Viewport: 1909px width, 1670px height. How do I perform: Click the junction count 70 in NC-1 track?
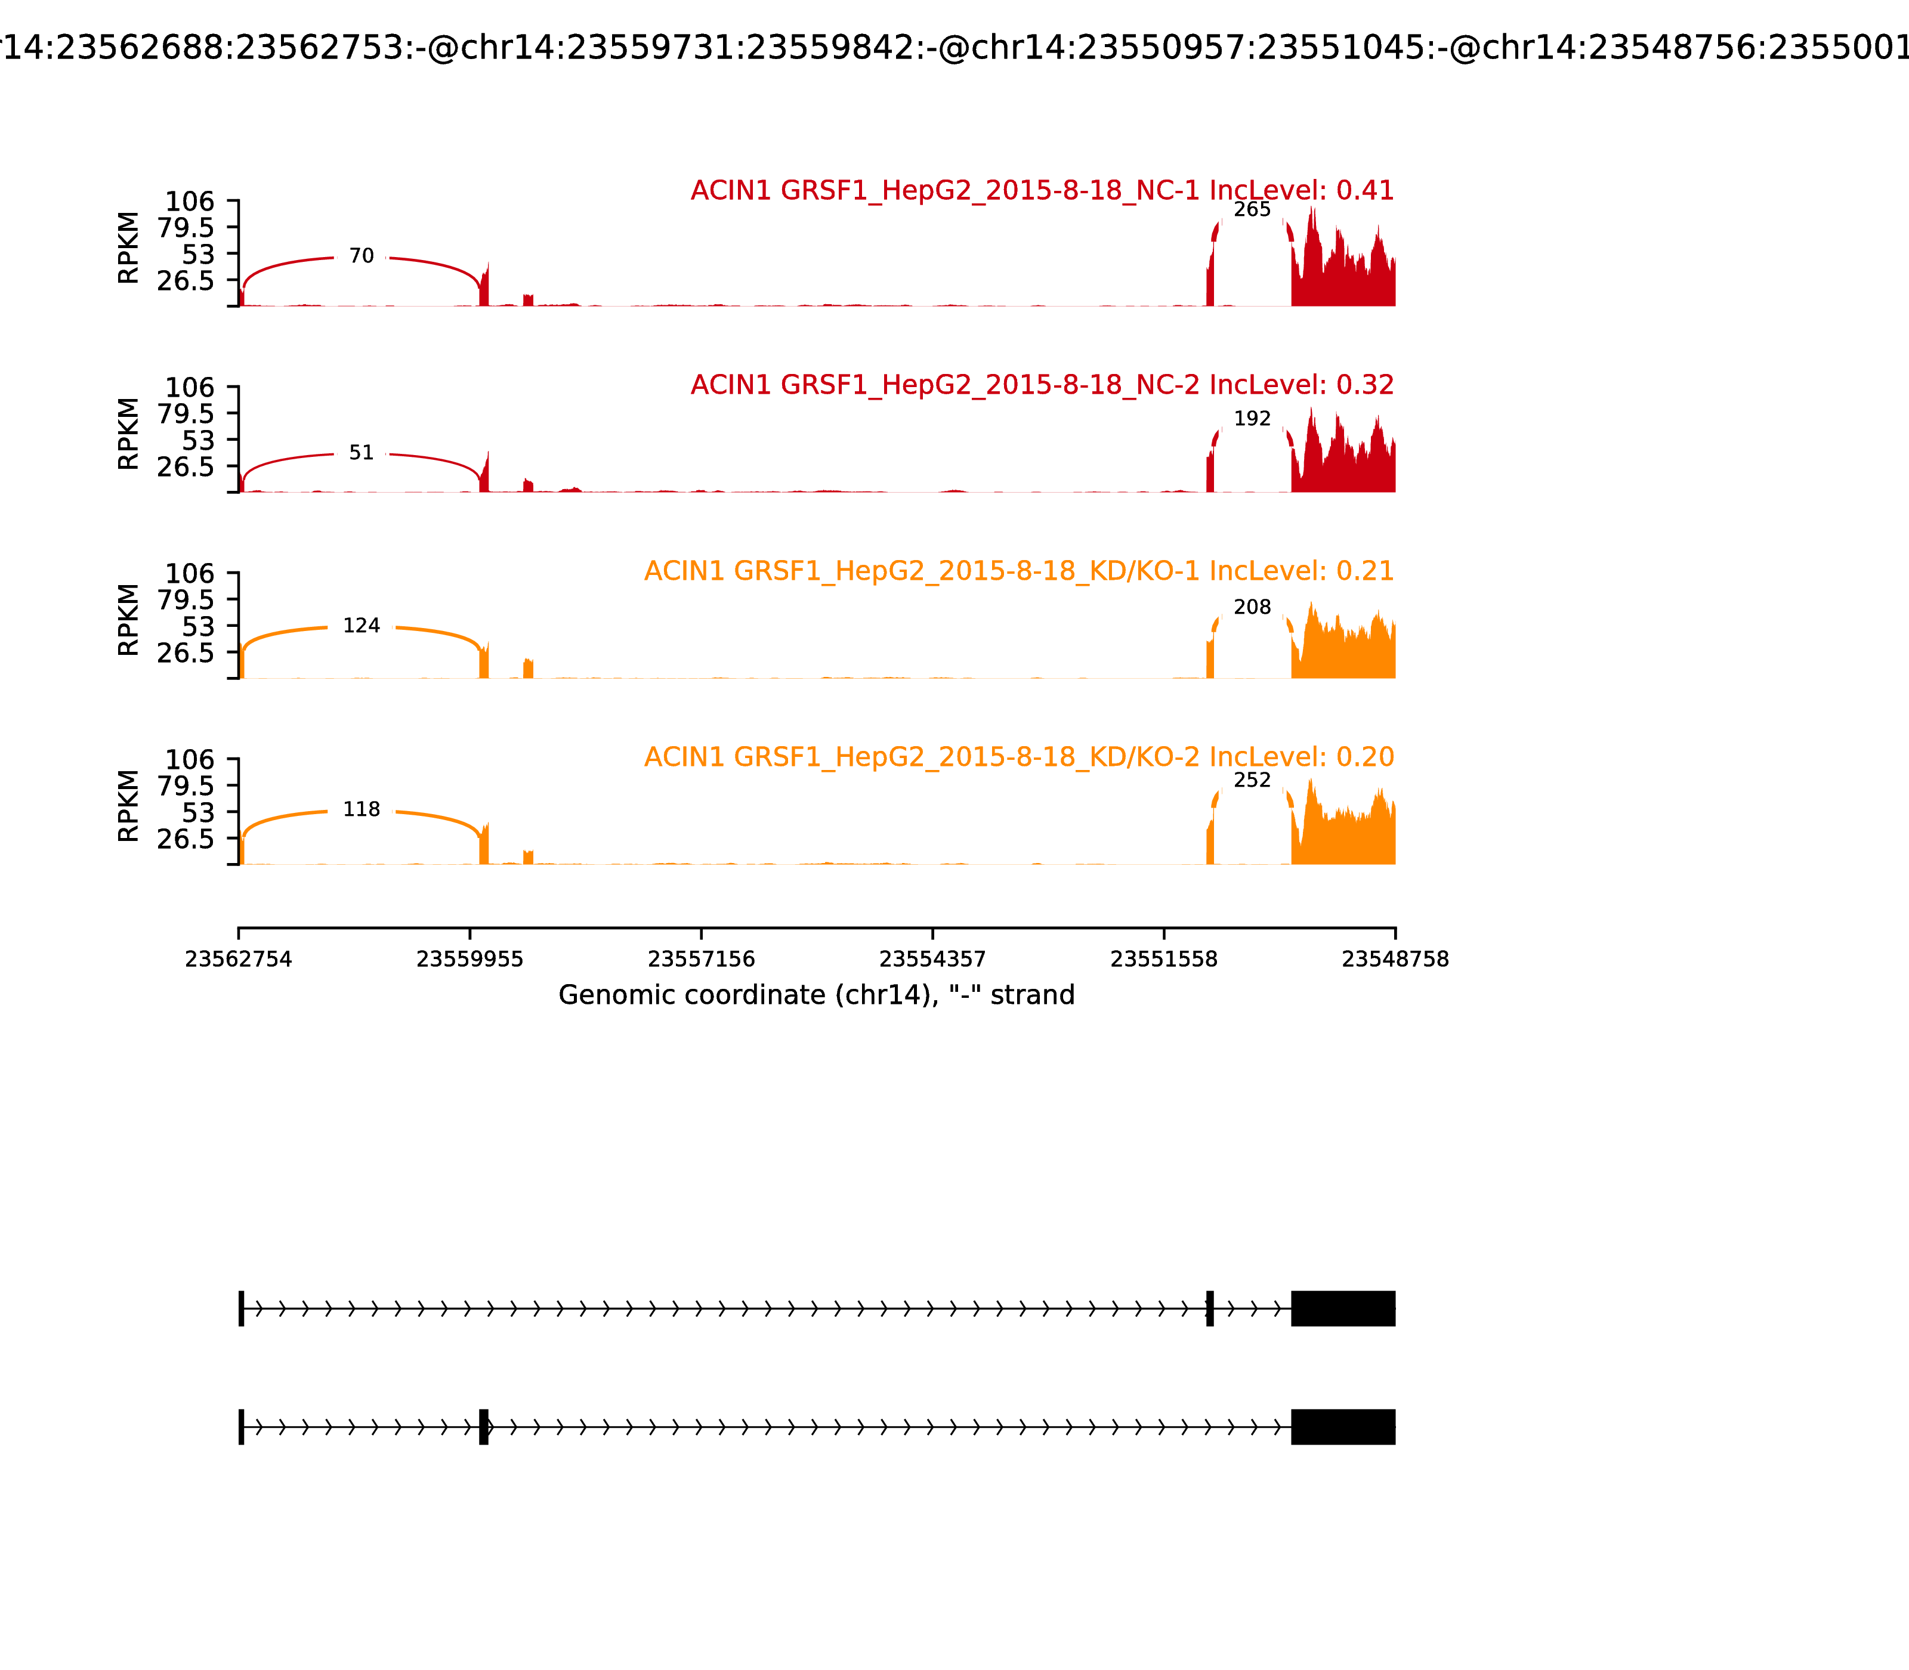pyautogui.click(x=361, y=256)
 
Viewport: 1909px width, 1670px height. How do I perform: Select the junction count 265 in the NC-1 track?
pyautogui.click(x=1252, y=211)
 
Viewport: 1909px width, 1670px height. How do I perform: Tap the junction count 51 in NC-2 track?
pyautogui.click(x=361, y=453)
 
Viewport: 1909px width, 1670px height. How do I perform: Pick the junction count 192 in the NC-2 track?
pyautogui.click(x=1252, y=419)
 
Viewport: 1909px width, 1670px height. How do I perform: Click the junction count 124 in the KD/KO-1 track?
pyautogui.click(x=361, y=626)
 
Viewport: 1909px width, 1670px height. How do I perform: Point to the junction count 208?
pyautogui.click(x=1252, y=608)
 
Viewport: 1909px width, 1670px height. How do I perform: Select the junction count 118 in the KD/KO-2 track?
pyautogui.click(x=361, y=810)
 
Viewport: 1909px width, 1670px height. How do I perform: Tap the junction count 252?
pyautogui.click(x=1252, y=781)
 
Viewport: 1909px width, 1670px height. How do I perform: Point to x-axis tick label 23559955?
pyautogui.click(x=470, y=960)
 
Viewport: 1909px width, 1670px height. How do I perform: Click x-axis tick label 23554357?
pyautogui.click(x=932, y=960)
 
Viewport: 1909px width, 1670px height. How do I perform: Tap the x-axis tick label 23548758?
pyautogui.click(x=1395, y=960)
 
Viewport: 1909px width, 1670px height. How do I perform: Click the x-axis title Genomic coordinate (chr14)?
pyautogui.click(x=817, y=996)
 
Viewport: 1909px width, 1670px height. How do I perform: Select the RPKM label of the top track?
pyautogui.click(x=129, y=248)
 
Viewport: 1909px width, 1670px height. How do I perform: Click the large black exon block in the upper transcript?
pyautogui.click(x=1342, y=1309)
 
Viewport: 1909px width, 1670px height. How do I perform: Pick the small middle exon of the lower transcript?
pyautogui.click(x=484, y=1427)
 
